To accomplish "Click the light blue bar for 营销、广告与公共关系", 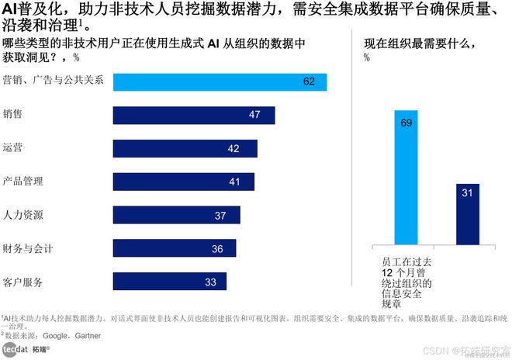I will point(220,81).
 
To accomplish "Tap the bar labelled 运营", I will point(185,148).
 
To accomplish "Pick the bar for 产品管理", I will point(183,182).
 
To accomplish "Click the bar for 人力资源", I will point(176,215).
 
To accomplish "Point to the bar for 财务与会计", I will point(174,248).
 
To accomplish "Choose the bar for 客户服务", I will point(169,282).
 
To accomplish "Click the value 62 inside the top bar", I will point(309,81).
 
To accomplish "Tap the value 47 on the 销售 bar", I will point(254,115).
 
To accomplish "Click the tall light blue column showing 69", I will point(406,178).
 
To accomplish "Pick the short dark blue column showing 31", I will point(467,214).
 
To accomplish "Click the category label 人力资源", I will point(23,215).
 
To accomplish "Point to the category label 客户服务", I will point(23,282).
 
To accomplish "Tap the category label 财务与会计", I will point(28,248).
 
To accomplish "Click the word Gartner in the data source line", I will point(92,336).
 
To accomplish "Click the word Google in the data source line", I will point(57,336).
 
